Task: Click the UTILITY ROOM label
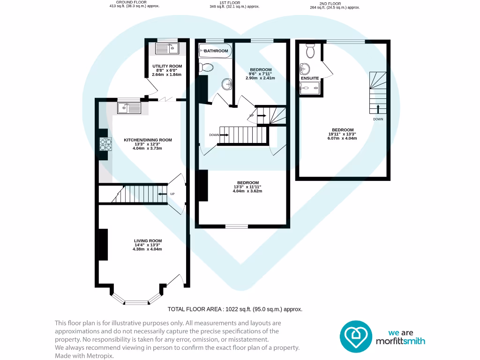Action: pos(166,66)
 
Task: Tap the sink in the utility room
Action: pos(167,48)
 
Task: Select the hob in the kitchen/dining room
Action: pos(105,144)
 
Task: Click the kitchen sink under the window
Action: pos(128,108)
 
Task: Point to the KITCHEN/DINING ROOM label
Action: pos(148,140)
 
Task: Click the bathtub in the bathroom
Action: pos(215,51)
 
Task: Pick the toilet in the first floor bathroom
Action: pos(206,67)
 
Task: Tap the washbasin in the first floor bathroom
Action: pos(227,84)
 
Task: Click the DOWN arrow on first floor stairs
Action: pos(224,135)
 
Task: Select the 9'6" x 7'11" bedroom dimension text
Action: pos(260,74)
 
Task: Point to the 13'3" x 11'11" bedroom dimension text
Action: pos(247,187)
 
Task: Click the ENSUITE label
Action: pos(310,78)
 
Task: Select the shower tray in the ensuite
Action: pos(310,88)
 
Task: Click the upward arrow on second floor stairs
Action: pos(378,109)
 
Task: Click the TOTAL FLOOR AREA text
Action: pos(235,309)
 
